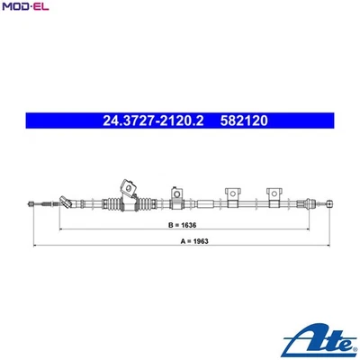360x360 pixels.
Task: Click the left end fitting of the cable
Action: (x=29, y=206)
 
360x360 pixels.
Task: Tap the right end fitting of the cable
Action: (x=326, y=205)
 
